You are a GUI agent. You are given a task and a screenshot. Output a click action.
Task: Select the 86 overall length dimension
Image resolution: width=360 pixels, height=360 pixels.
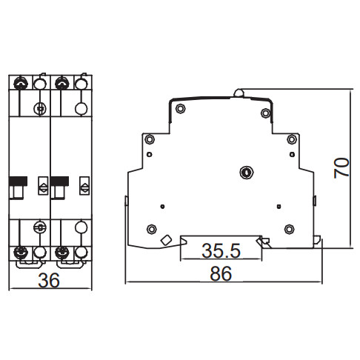(221, 273)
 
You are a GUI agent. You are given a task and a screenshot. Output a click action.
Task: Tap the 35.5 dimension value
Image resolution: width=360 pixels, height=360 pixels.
(221, 250)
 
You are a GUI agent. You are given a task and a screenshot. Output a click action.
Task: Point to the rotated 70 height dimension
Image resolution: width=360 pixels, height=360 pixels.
(341, 167)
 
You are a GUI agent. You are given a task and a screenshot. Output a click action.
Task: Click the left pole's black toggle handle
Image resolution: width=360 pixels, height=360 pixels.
(20, 182)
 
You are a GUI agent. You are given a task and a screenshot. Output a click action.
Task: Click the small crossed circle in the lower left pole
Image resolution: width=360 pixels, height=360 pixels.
(39, 226)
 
